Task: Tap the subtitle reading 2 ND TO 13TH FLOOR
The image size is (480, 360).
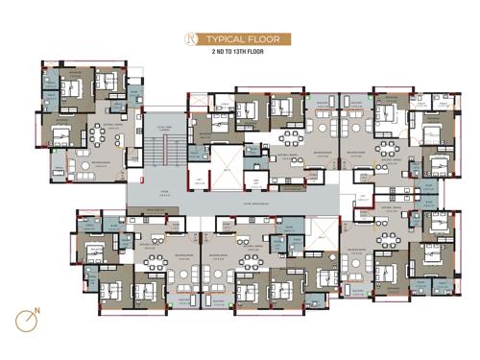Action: coord(240,55)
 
